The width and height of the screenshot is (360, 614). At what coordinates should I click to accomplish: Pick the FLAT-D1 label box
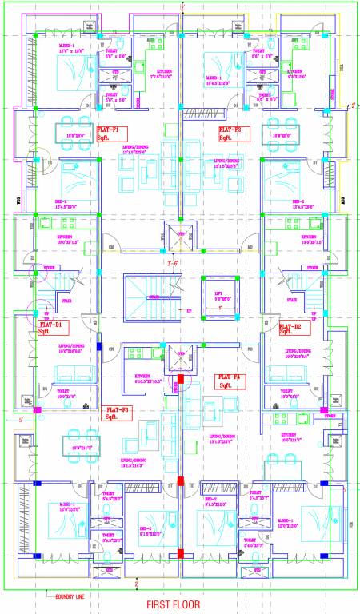pos(52,328)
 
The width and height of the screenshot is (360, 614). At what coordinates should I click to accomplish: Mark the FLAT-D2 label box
pos(291,328)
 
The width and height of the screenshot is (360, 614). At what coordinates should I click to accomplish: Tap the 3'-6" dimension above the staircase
pos(172,262)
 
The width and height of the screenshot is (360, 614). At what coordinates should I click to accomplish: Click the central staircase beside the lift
pos(150,297)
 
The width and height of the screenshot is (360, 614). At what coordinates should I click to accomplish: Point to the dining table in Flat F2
pos(285,131)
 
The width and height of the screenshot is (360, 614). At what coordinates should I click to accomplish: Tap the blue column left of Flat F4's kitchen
pos(100,347)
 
